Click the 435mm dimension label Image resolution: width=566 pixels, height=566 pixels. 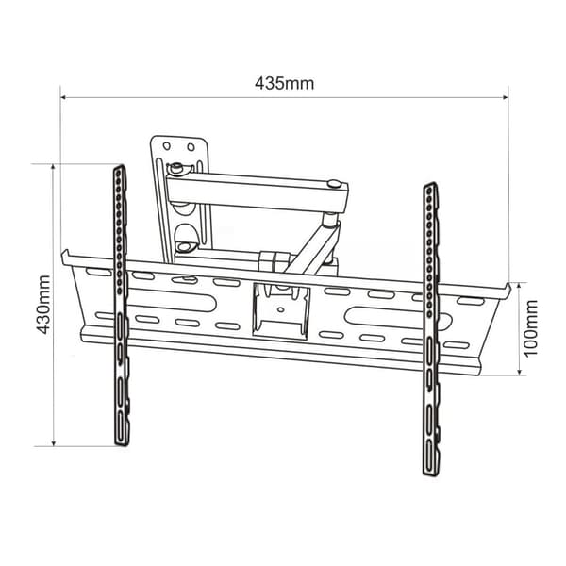[x=285, y=84]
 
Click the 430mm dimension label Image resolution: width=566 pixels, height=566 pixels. [x=43, y=305]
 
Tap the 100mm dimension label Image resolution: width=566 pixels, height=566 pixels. [x=530, y=329]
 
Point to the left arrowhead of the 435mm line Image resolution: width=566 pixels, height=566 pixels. [x=63, y=97]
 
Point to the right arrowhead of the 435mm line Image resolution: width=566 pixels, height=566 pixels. [x=506, y=97]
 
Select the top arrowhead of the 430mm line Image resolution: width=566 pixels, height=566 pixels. [x=54, y=167]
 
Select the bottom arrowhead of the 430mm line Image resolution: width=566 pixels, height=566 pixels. [x=54, y=443]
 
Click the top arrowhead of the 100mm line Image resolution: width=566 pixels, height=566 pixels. [x=519, y=286]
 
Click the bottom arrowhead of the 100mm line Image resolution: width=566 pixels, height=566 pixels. [x=519, y=373]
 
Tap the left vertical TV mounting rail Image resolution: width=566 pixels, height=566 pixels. [x=121, y=306]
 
